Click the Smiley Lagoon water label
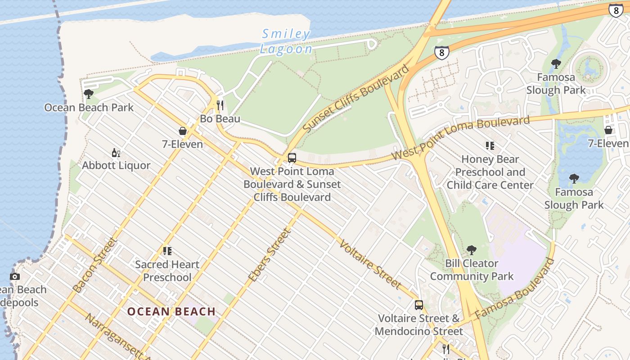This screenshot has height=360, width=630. click(286, 41)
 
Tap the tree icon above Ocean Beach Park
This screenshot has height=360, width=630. click(89, 94)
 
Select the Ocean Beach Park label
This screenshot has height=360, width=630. click(89, 108)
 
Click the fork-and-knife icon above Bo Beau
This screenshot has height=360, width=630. click(220, 105)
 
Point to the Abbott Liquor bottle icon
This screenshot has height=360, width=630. click(116, 153)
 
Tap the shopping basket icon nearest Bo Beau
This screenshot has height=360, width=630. click(183, 131)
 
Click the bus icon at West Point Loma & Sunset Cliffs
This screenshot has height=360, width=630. click(292, 158)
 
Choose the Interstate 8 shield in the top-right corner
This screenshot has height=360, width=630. click(616, 10)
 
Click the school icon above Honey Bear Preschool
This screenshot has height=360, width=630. click(490, 146)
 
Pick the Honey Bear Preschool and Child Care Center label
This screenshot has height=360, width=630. click(490, 172)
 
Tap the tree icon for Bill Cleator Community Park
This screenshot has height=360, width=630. click(471, 250)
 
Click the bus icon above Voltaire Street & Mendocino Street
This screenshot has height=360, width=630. click(419, 305)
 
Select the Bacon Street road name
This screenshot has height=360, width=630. click(95, 265)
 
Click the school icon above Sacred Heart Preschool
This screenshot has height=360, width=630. click(167, 251)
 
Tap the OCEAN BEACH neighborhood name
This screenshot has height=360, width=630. click(171, 311)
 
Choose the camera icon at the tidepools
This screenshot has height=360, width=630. click(15, 276)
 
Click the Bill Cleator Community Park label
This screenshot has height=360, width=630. click(472, 270)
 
